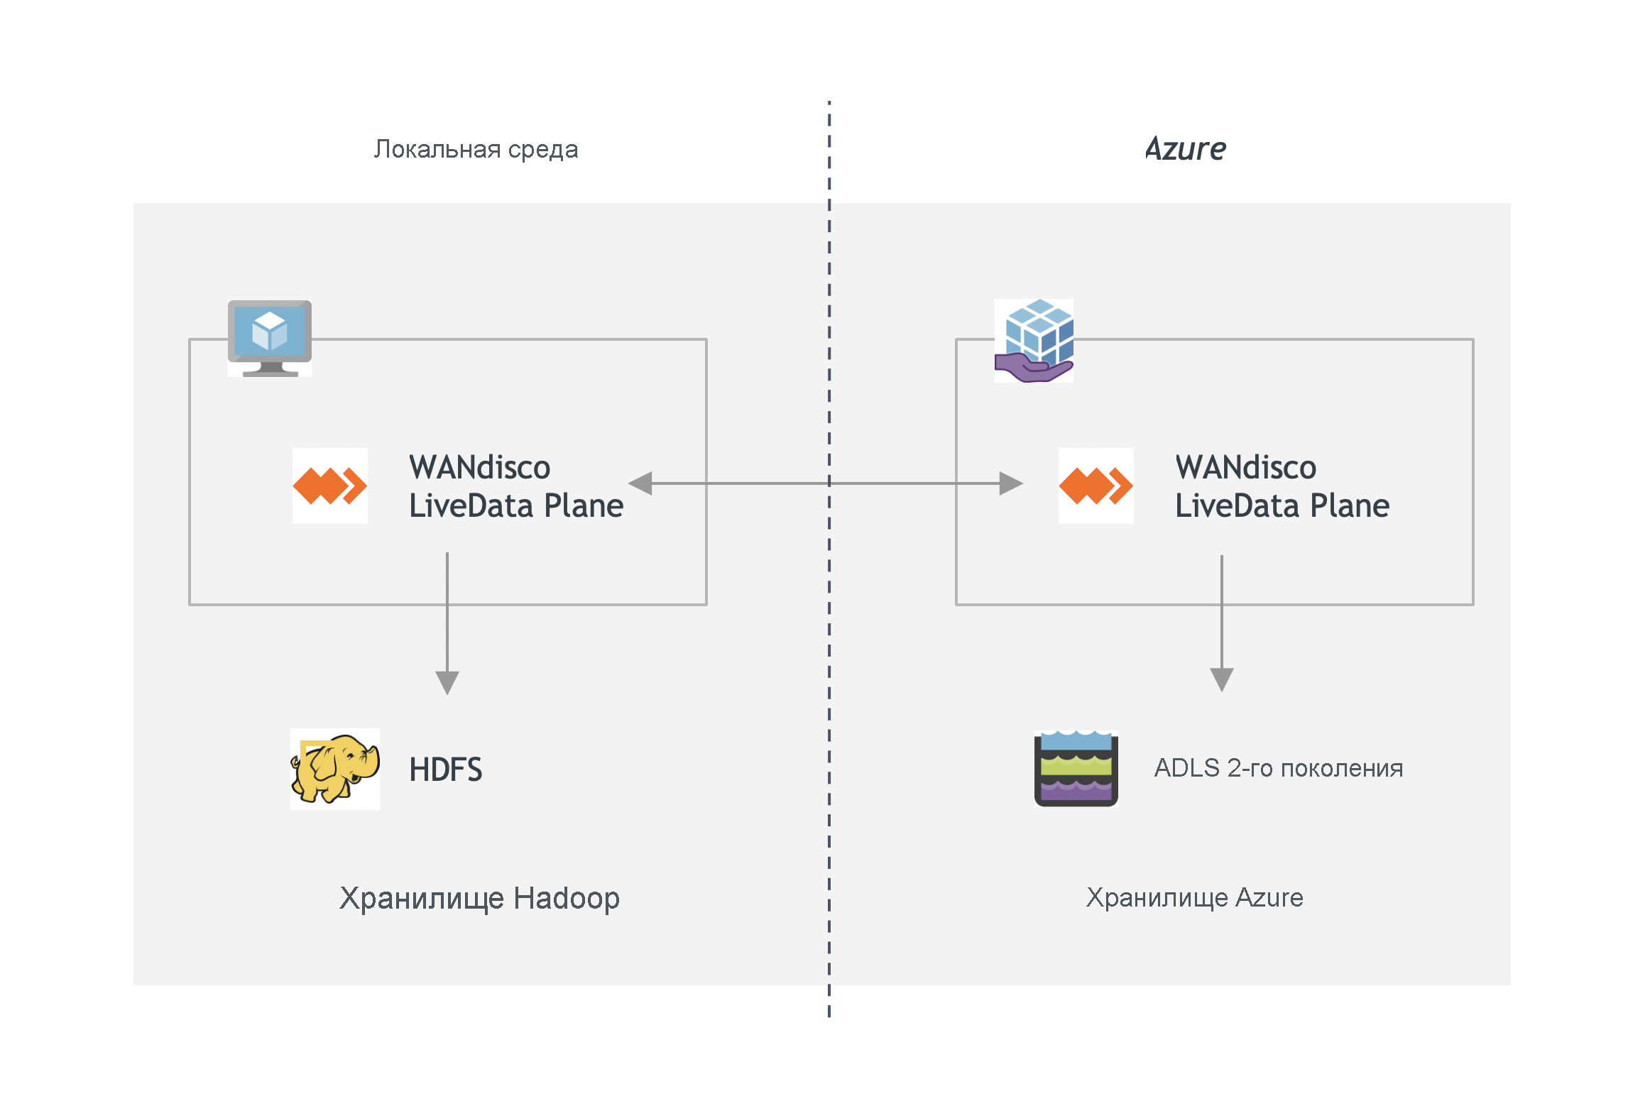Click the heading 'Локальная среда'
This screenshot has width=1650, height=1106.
[x=476, y=149]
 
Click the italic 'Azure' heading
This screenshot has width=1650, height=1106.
[x=1185, y=149]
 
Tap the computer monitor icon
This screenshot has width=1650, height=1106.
[x=269, y=338]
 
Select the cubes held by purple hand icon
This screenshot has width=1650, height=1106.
[x=1034, y=341]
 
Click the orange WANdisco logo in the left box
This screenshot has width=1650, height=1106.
[x=330, y=486]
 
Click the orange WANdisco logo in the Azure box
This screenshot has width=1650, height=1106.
[x=1096, y=486]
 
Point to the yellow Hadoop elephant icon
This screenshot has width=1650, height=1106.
[x=334, y=769]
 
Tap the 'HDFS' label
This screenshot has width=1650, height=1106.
[x=445, y=770]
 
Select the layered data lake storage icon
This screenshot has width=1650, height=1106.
[x=1076, y=769]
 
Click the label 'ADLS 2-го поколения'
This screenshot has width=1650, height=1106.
[x=1278, y=768]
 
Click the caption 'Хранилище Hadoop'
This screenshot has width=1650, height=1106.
[x=479, y=898]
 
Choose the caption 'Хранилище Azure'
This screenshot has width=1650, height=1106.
[x=1194, y=897]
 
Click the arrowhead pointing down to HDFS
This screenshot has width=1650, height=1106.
[x=447, y=682]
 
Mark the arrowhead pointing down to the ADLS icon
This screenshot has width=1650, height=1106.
[x=1221, y=679]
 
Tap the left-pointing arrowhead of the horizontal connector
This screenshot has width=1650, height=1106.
[x=641, y=483]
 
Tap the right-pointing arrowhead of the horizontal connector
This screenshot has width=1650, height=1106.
[x=1010, y=483]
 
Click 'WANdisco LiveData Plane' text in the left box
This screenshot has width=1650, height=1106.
[x=515, y=486]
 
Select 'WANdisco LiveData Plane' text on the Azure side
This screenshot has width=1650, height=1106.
[x=1282, y=486]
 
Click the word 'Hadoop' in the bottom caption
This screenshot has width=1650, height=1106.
[x=566, y=898]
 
